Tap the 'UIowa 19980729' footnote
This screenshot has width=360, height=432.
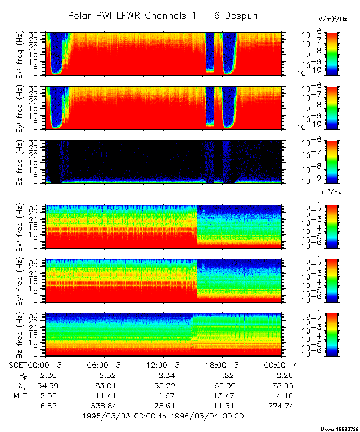337,428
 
